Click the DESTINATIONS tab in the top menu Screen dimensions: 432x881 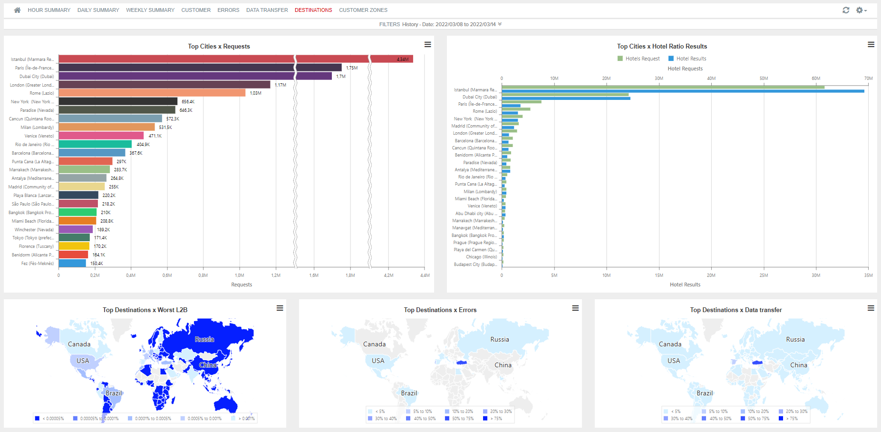click(313, 10)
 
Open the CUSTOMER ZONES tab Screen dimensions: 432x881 click(363, 10)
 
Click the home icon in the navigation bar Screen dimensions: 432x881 click(17, 10)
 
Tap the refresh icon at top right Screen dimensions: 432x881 click(846, 10)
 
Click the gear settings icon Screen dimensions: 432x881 click(860, 10)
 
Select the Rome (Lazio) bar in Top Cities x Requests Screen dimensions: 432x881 click(152, 93)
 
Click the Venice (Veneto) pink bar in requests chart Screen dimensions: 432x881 click(101, 136)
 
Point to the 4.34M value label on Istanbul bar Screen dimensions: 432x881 click(402, 59)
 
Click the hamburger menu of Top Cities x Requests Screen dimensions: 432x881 click(427, 45)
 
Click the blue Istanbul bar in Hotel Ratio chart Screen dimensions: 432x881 click(683, 91)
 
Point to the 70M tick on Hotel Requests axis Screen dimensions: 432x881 click(868, 79)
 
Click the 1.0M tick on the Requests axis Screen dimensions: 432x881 click(240, 275)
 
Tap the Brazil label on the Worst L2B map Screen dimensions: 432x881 click(114, 393)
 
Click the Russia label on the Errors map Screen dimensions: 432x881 click(499, 339)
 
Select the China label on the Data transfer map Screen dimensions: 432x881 click(798, 365)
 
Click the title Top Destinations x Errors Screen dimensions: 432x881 click(440, 310)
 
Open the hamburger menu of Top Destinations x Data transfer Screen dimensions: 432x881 click(871, 308)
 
